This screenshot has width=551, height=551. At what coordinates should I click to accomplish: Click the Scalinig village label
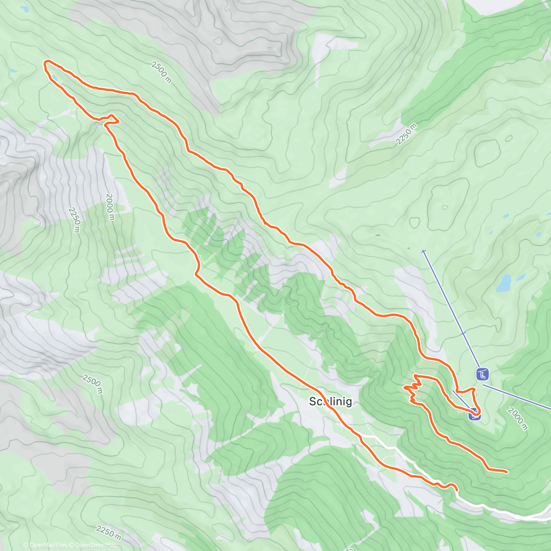point(331,402)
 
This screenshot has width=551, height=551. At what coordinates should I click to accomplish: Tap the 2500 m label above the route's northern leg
point(161,72)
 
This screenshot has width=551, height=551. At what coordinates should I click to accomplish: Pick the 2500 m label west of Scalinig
point(92,384)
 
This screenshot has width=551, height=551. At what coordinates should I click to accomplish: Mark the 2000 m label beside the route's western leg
point(109,207)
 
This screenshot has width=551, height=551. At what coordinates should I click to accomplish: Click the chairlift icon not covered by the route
point(482,375)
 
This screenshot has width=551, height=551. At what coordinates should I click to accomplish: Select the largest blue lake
point(504,284)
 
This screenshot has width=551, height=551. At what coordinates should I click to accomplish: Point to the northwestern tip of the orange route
point(45,62)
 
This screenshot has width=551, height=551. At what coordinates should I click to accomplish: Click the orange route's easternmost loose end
point(507,472)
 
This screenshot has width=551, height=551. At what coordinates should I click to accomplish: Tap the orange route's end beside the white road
point(457,490)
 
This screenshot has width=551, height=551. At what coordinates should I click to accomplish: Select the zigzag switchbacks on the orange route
point(413,388)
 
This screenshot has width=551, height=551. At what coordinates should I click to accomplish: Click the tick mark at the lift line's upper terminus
point(423,251)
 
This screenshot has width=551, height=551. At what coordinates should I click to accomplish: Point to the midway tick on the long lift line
point(464,333)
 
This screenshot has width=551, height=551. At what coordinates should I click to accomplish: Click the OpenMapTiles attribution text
point(45,545)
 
